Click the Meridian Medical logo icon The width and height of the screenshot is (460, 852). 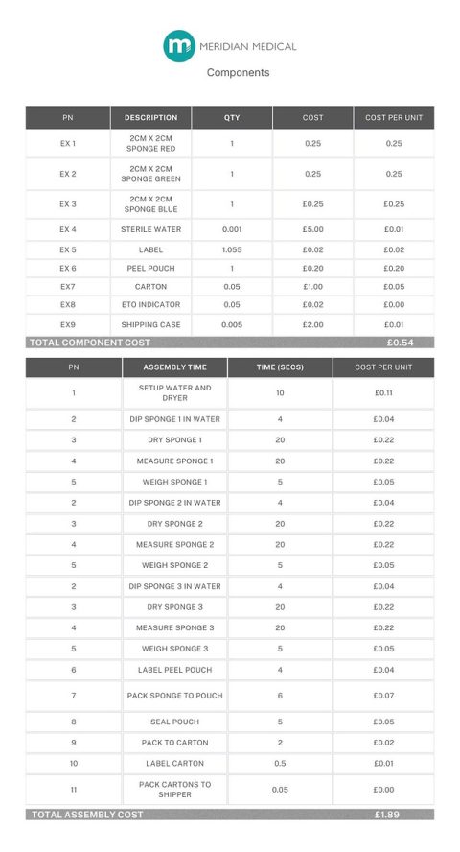[x=178, y=45]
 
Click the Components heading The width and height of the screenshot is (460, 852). [x=238, y=72]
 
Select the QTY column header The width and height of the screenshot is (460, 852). [x=232, y=118]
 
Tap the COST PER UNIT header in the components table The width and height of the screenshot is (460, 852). [x=393, y=118]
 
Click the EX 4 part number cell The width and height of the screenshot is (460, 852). [x=68, y=230]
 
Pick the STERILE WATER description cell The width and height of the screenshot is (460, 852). [x=150, y=230]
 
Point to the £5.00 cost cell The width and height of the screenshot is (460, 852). [x=312, y=230]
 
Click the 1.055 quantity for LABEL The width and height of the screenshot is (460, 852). [x=232, y=249]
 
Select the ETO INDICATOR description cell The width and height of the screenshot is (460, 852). [x=150, y=305]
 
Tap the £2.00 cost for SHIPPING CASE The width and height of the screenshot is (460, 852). [x=312, y=325]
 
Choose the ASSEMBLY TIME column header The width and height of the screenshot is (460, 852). [x=174, y=367]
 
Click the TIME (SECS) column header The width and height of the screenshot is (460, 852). [x=280, y=367]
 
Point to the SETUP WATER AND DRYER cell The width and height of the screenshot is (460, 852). [x=174, y=393]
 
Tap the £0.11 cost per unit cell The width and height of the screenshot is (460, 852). [x=383, y=393]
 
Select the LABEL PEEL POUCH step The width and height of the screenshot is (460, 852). [x=174, y=670]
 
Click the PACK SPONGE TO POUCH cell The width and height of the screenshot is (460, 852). [x=174, y=696]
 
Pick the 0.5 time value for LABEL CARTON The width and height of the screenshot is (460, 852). [x=280, y=764]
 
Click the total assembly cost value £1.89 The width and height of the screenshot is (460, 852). [x=387, y=815]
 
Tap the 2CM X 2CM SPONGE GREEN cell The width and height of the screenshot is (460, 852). [x=150, y=175]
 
